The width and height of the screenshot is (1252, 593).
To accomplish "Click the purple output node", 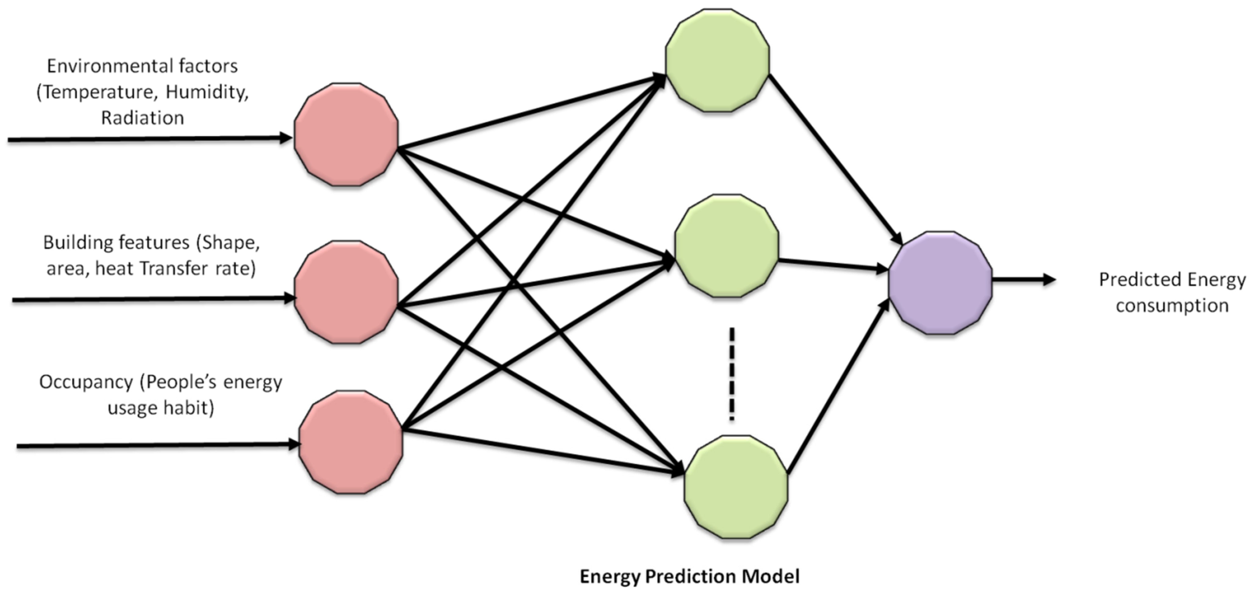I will click(940, 283).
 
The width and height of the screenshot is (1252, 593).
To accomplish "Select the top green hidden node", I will click(717, 60).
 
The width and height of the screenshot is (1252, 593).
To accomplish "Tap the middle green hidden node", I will click(727, 246).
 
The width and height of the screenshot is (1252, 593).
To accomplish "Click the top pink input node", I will click(346, 135).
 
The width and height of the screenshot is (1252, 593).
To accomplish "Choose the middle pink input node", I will click(346, 292).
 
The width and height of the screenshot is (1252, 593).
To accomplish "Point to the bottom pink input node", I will click(351, 442).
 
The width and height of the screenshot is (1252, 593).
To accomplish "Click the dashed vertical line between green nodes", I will click(731, 374).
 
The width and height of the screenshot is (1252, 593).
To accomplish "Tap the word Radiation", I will click(142, 118).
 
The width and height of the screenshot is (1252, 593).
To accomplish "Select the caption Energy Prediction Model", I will click(689, 577).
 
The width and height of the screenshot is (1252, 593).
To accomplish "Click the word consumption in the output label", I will click(1172, 306).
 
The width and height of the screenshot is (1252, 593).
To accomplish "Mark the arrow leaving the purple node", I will click(1023, 280).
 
